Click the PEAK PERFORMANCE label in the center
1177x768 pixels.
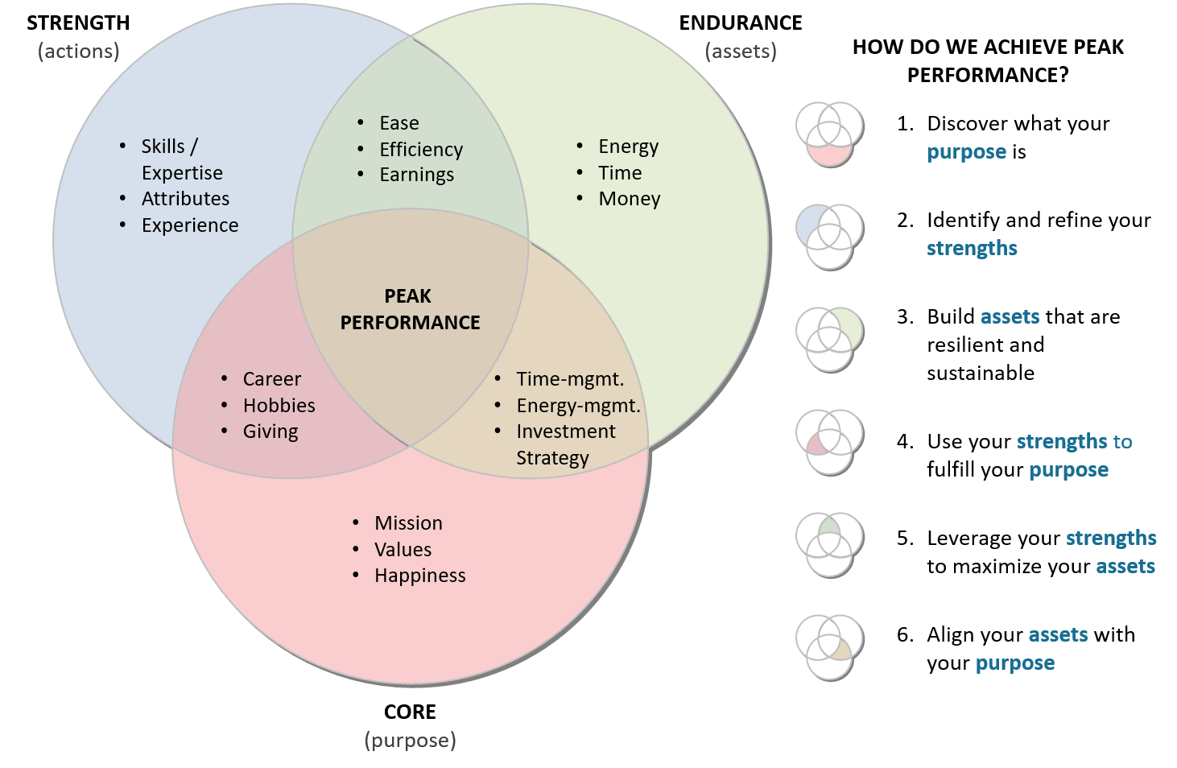409,309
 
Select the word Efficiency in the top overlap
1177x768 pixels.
421,150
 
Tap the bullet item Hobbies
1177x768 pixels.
279,406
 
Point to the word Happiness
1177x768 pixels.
419,576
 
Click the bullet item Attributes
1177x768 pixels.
185,199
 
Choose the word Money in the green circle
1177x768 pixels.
629,199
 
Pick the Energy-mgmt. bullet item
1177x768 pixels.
578,406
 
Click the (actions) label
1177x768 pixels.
79,52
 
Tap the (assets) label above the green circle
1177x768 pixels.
741,52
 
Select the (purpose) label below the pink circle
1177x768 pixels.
411,741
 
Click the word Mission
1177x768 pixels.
408,523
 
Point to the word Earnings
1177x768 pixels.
416,175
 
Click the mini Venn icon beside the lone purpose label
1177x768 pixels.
830,134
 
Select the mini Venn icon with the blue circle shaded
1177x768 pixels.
830,237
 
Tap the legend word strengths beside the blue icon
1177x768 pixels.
972,249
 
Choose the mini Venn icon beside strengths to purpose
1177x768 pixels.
830,443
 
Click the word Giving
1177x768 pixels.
271,432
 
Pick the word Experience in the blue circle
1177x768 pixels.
190,225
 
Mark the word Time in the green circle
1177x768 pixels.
620,173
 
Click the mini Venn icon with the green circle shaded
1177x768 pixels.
830,340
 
